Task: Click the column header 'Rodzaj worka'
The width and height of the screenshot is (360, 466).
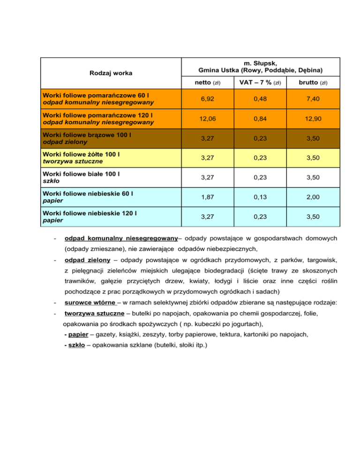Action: click(111, 73)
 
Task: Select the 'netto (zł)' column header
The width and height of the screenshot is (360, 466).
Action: click(207, 83)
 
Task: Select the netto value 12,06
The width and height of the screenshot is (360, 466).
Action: click(207, 119)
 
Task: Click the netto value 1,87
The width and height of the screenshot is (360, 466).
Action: click(207, 198)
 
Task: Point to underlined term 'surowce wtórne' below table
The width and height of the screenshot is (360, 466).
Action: click(90, 303)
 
